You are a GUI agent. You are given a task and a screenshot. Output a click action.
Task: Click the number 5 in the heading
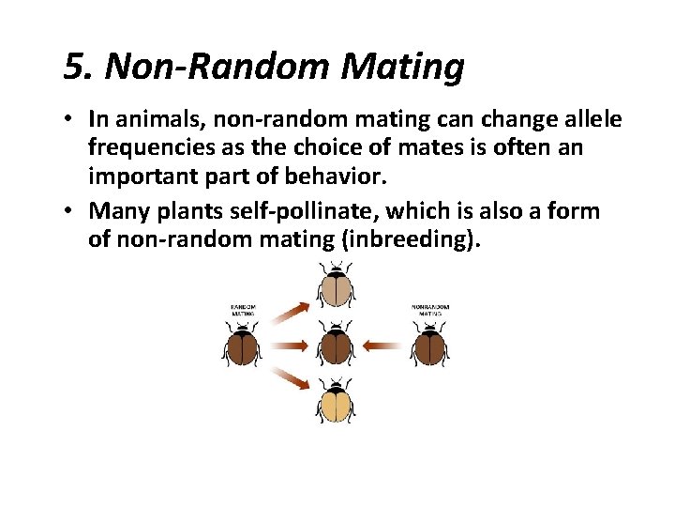76,67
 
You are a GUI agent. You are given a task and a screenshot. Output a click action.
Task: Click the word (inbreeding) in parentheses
411,238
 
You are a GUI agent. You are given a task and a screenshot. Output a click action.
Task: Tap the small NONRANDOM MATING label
430,310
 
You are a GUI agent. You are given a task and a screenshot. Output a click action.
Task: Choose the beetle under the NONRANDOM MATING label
430,345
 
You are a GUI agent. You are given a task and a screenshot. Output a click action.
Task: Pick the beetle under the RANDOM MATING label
242,345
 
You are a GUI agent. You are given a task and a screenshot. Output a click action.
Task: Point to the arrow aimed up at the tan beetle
289,312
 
